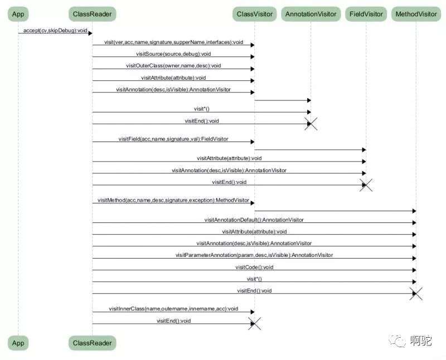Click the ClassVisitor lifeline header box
pos(255,14)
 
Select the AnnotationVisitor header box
pos(311,14)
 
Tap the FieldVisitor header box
pos(366,14)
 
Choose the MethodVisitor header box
pos(416,14)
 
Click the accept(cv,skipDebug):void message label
pos(55,31)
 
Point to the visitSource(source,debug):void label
pos(173,53)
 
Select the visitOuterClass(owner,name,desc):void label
pos(173,66)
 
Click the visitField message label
pos(173,139)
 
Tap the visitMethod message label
pos(173,200)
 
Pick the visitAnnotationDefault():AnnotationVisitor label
pos(254,220)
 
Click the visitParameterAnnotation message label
pos(254,255)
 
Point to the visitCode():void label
pos(254,267)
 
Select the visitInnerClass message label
pos(173,309)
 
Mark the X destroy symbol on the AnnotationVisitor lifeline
pos(311,124)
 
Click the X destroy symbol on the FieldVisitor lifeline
pos(366,185)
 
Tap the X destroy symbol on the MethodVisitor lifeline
pos(416,294)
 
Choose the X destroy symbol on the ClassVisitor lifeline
pos(255,324)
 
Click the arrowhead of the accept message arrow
pos(90,33)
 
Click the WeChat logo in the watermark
pos(397,340)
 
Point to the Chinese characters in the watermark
pos(421,340)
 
